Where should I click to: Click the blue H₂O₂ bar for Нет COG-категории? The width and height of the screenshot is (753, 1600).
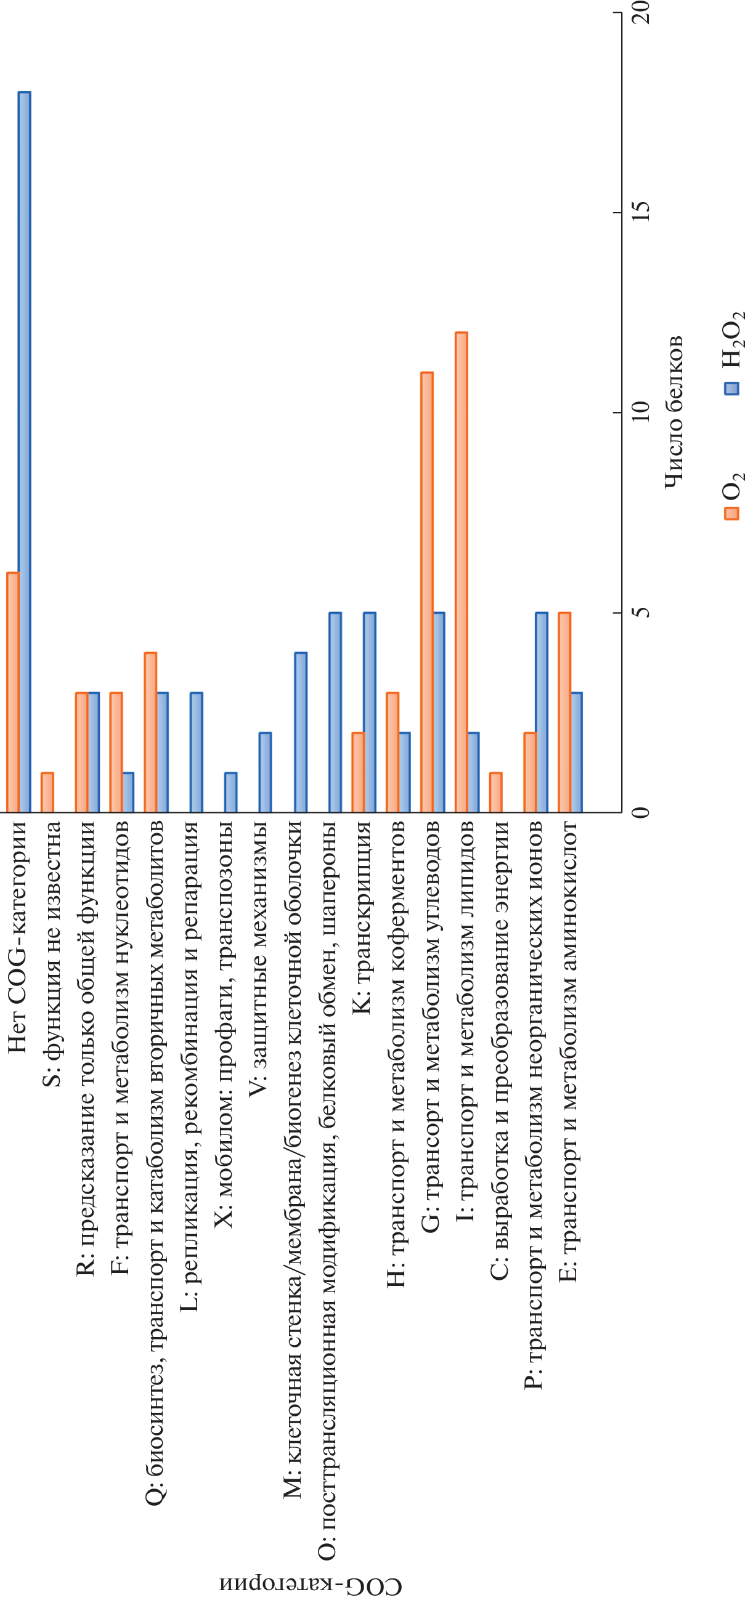point(24,452)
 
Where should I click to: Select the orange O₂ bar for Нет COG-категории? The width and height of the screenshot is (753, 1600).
point(13,692)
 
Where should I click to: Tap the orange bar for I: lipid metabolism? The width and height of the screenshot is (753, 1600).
point(461,572)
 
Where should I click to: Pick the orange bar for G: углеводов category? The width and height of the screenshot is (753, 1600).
point(427,592)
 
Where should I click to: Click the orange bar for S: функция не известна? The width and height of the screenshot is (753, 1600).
point(47,792)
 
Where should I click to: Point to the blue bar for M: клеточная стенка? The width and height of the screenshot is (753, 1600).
point(301,732)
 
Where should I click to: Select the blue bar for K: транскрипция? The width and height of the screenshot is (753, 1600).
point(370,713)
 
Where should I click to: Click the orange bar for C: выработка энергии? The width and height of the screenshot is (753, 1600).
point(496,792)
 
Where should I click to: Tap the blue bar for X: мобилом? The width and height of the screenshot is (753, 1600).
point(230,792)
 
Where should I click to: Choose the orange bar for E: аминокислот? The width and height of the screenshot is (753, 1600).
point(564,713)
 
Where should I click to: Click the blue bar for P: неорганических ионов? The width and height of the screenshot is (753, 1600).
point(542,713)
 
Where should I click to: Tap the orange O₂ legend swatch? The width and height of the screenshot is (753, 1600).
point(732,513)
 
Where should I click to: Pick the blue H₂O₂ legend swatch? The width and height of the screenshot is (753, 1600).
point(732,388)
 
